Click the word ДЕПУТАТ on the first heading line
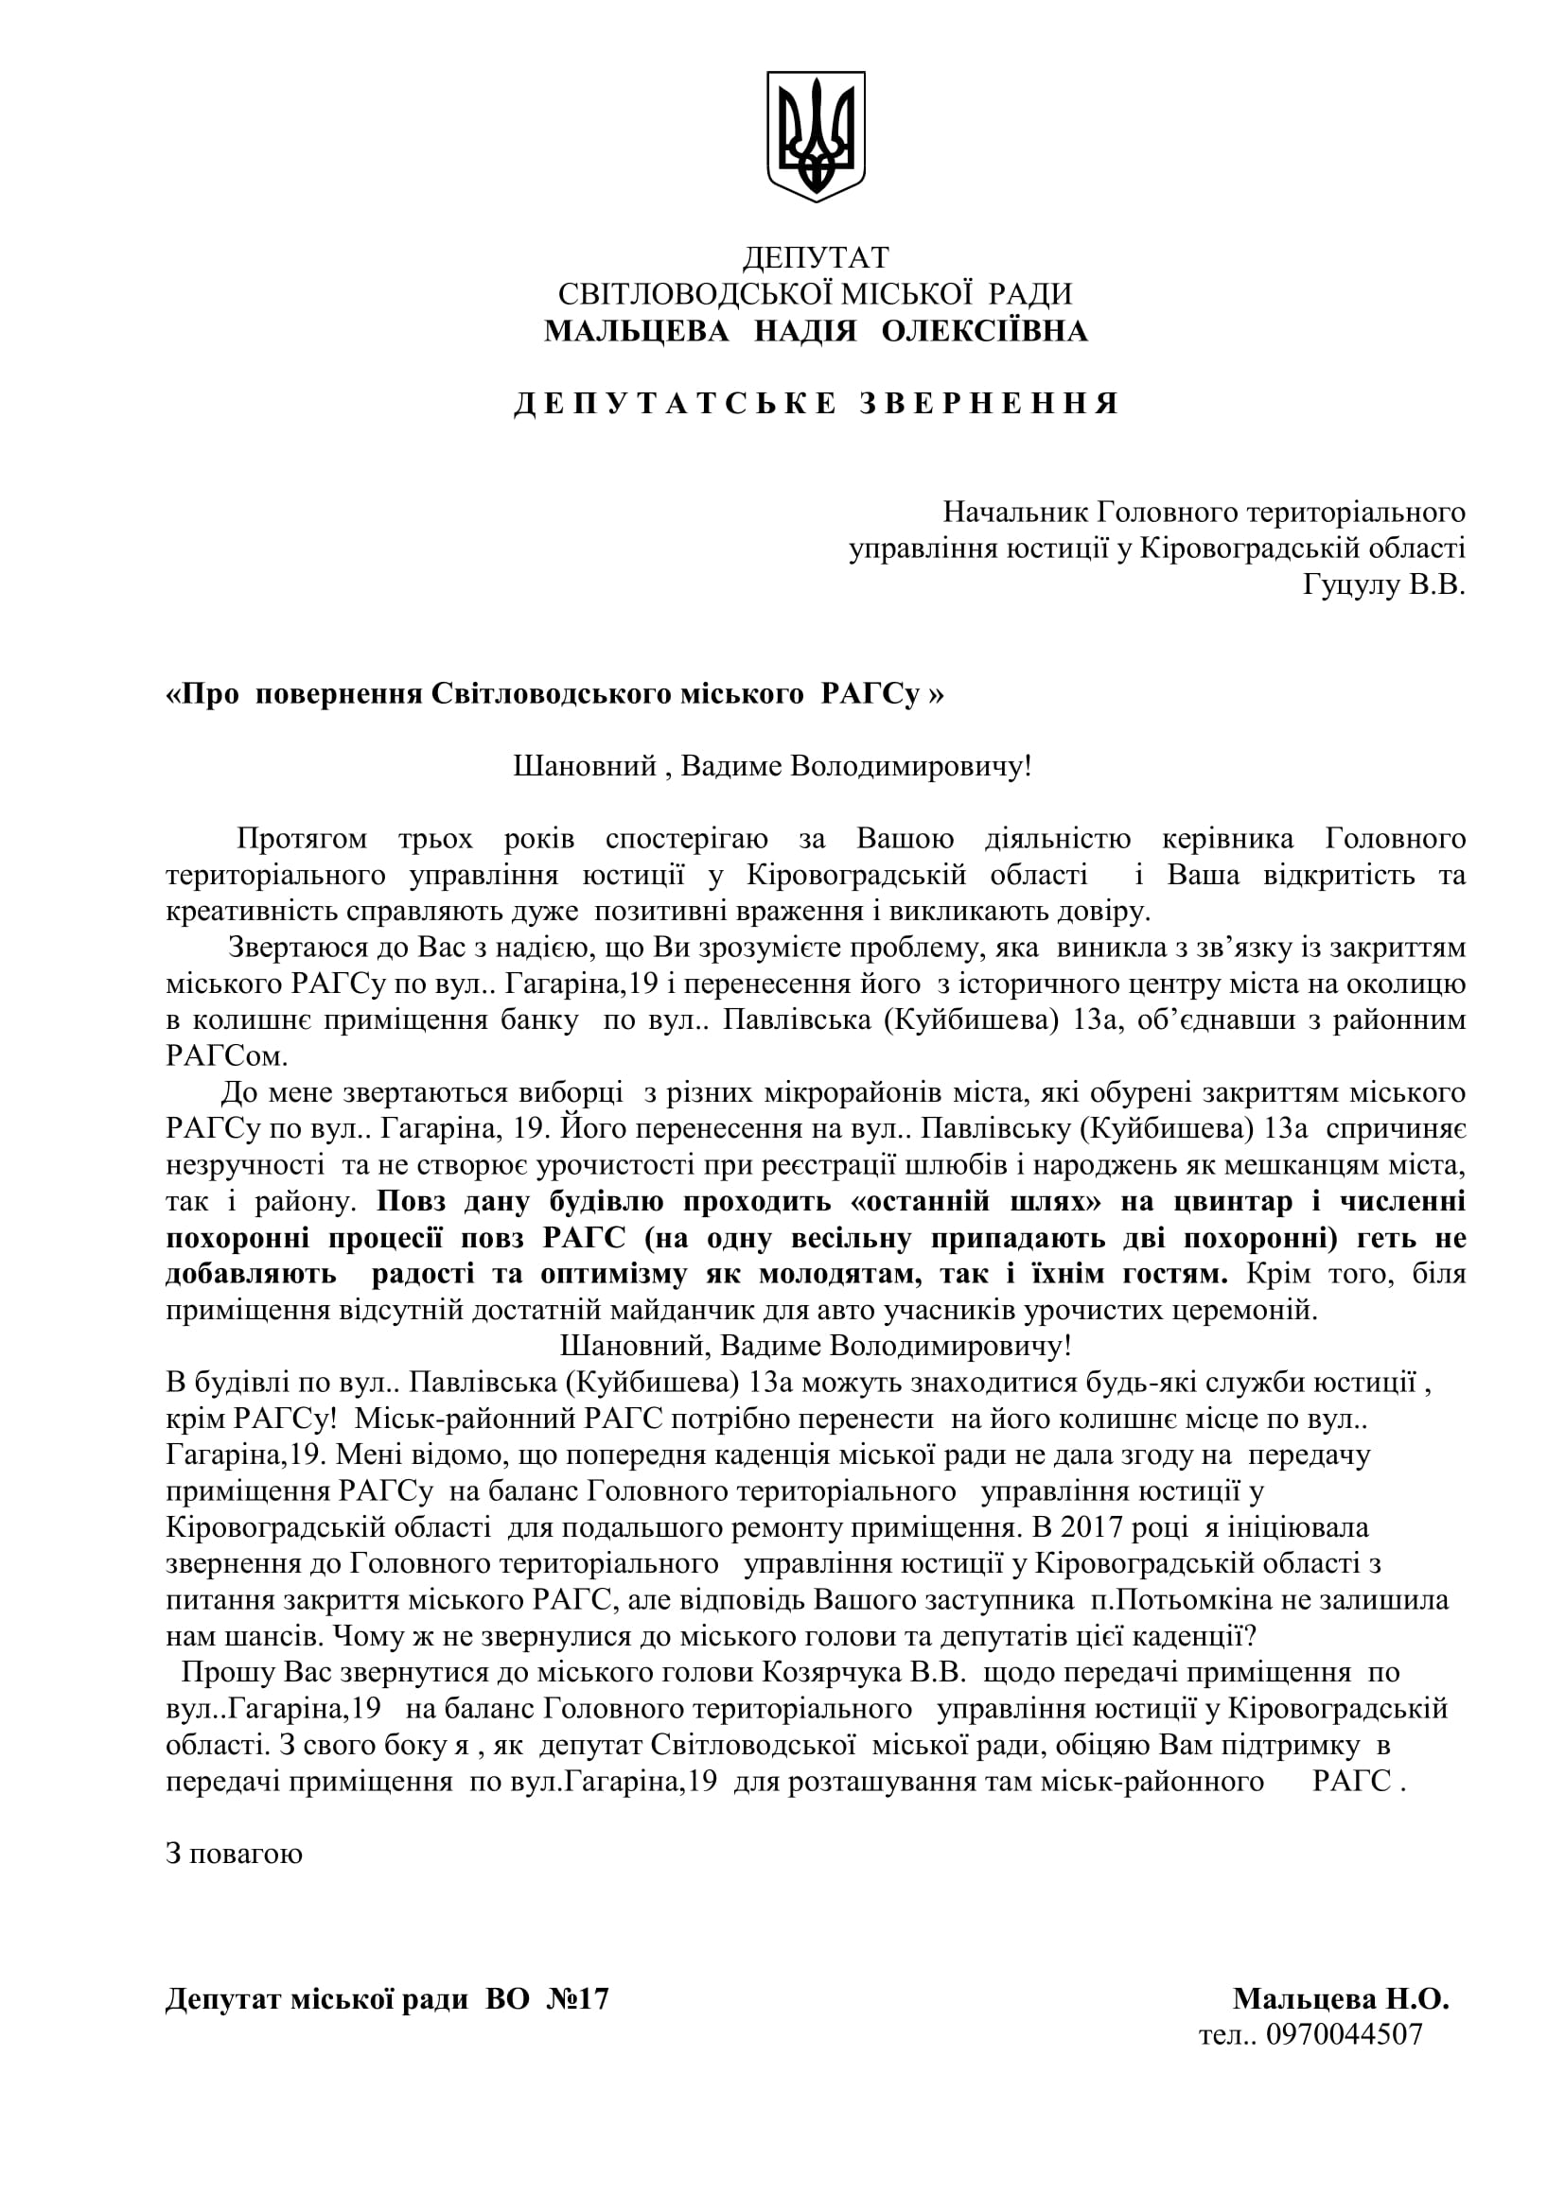pyautogui.click(x=816, y=257)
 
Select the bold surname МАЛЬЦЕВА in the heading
pyautogui.click(x=635, y=331)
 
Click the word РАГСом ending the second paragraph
pyautogui.click(x=226, y=1056)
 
